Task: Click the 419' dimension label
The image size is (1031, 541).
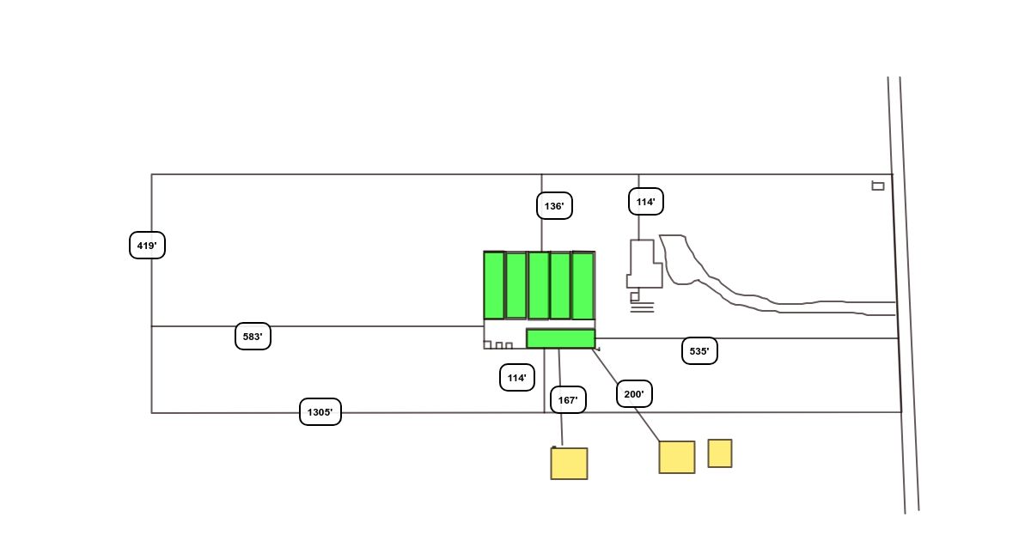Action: coord(147,246)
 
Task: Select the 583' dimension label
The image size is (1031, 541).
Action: coord(253,337)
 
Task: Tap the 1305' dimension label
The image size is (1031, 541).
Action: coord(320,412)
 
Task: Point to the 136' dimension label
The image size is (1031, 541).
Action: coord(554,206)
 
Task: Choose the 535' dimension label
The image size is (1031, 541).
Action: coord(699,351)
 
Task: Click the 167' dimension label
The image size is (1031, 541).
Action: coord(568,400)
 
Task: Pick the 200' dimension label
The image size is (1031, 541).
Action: coord(635,394)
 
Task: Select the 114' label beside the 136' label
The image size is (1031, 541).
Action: coord(646,203)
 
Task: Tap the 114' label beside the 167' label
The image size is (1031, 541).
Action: coord(517,378)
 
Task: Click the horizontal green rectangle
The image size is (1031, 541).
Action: coord(561,338)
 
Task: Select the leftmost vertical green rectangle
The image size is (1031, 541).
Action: coord(494,285)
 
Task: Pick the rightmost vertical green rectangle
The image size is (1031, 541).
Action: coord(583,285)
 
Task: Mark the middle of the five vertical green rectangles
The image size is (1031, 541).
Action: coord(539,285)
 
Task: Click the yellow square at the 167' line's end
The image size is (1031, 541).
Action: coord(569,464)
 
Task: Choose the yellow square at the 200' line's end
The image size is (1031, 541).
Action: coord(677,457)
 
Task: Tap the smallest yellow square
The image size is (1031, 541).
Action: coord(720,453)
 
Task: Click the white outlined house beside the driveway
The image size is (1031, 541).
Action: coord(644,264)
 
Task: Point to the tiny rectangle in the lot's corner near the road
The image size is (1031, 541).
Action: coord(878,185)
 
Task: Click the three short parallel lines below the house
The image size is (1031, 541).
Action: coord(642,307)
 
